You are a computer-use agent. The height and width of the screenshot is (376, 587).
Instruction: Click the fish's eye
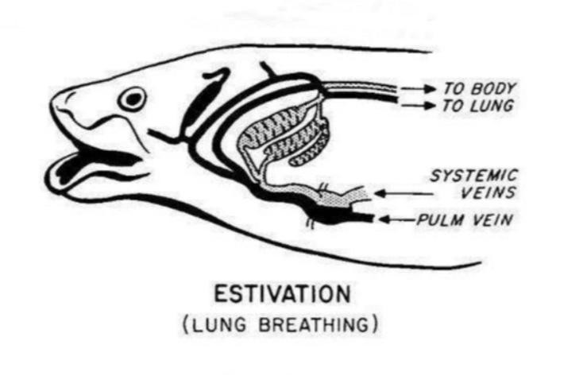pyautogui.click(x=132, y=99)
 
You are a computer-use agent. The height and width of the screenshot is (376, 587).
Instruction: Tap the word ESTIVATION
pyautogui.click(x=283, y=294)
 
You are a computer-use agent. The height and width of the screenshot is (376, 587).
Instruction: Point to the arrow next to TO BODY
pyautogui.click(x=419, y=89)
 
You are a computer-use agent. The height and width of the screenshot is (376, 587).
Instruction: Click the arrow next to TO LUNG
pyautogui.click(x=419, y=105)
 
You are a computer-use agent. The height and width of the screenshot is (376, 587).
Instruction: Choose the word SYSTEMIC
pyautogui.click(x=474, y=176)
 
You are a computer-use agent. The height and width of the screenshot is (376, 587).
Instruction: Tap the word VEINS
pyautogui.click(x=489, y=192)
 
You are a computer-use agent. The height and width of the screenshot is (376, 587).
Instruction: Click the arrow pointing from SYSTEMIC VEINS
pyautogui.click(x=404, y=194)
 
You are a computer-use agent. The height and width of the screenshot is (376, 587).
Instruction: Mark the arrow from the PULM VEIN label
pyautogui.click(x=397, y=219)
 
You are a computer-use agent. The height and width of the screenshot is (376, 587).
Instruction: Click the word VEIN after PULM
pyautogui.click(x=492, y=219)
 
